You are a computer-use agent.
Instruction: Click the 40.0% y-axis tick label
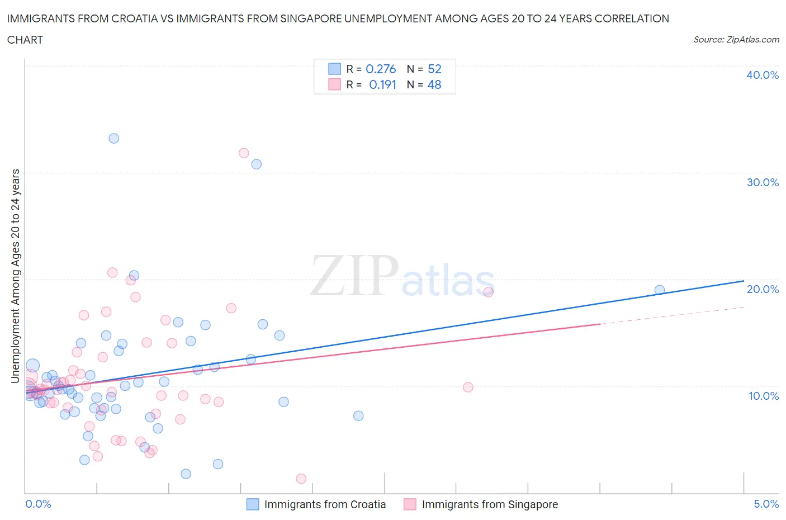(762, 75)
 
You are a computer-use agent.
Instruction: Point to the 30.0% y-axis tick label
(762, 182)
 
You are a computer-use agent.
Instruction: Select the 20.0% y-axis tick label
(762, 289)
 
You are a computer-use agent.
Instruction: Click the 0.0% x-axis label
(38, 504)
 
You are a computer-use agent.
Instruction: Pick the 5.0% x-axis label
(766, 504)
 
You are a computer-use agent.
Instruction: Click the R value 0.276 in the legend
(381, 69)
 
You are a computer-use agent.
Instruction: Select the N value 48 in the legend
(434, 84)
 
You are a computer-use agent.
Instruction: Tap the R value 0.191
(382, 84)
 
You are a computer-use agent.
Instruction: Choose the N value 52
(434, 69)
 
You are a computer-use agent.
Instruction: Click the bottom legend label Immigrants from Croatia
(325, 504)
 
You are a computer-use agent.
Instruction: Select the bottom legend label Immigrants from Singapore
(490, 504)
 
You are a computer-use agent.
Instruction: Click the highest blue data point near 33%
(113, 138)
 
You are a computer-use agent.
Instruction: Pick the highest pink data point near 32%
(244, 153)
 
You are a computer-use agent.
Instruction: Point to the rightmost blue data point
(660, 290)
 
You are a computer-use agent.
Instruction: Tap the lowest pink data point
(301, 479)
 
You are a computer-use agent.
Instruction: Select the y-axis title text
(15, 276)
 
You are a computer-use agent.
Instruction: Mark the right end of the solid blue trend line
(744, 281)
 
